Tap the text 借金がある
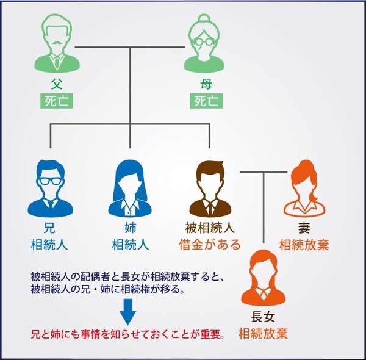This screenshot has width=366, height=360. click(209, 245)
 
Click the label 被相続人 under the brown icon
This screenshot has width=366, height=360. click(209, 229)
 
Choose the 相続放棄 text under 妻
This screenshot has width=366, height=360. click(304, 245)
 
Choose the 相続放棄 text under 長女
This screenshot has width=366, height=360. click(263, 333)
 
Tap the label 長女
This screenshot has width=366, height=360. click(263, 317)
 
